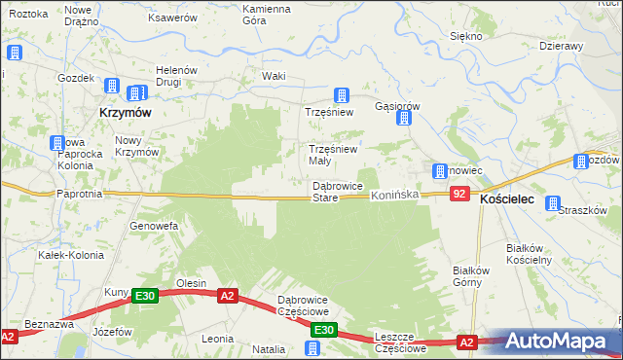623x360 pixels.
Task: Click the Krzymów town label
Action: pyautogui.click(x=125, y=113)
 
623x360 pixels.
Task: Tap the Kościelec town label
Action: pyautogui.click(x=507, y=198)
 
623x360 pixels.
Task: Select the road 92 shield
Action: pyautogui.click(x=460, y=195)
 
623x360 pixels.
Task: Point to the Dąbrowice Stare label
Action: pyautogui.click(x=337, y=192)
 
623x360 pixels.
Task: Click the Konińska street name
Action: pyautogui.click(x=394, y=195)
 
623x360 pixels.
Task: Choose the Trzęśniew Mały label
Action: pyautogui.click(x=333, y=155)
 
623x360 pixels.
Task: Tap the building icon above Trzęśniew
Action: pyautogui.click(x=342, y=95)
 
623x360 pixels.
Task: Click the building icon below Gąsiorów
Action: pyautogui.click(x=405, y=119)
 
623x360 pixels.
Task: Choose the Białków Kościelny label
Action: pyautogui.click(x=530, y=254)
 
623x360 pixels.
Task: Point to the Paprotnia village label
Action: pyautogui.click(x=80, y=194)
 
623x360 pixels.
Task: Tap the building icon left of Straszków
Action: pyautogui.click(x=553, y=205)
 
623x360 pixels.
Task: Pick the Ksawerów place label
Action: pyautogui.click(x=172, y=18)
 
